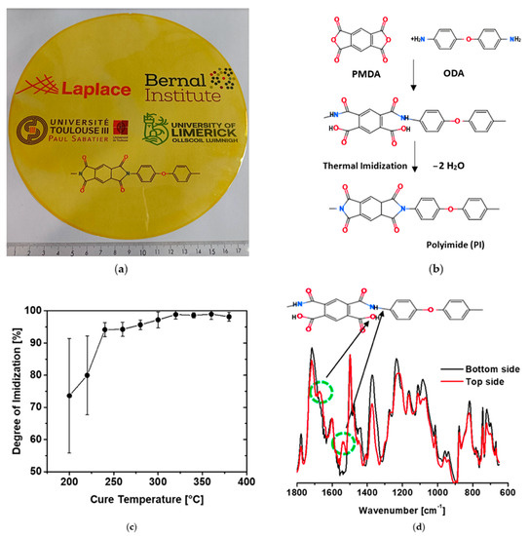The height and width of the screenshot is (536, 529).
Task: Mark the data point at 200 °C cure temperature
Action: point(68,395)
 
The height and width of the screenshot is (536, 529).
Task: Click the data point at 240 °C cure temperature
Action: point(104,329)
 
